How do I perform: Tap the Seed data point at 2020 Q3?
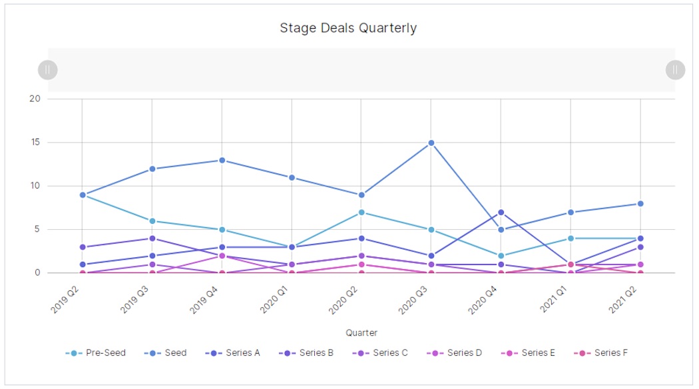click(431, 143)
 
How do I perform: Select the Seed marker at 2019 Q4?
click(222, 161)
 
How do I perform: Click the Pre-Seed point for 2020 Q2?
click(361, 212)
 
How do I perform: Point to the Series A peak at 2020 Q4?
click(501, 212)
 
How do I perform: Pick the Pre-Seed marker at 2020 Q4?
click(501, 256)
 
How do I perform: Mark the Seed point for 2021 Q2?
click(640, 204)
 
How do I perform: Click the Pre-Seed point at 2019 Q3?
click(152, 221)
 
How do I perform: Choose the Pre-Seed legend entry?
click(96, 353)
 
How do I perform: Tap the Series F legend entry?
click(603, 353)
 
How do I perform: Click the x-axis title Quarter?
click(361, 332)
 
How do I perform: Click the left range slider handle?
click(48, 69)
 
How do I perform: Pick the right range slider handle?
click(675, 69)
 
